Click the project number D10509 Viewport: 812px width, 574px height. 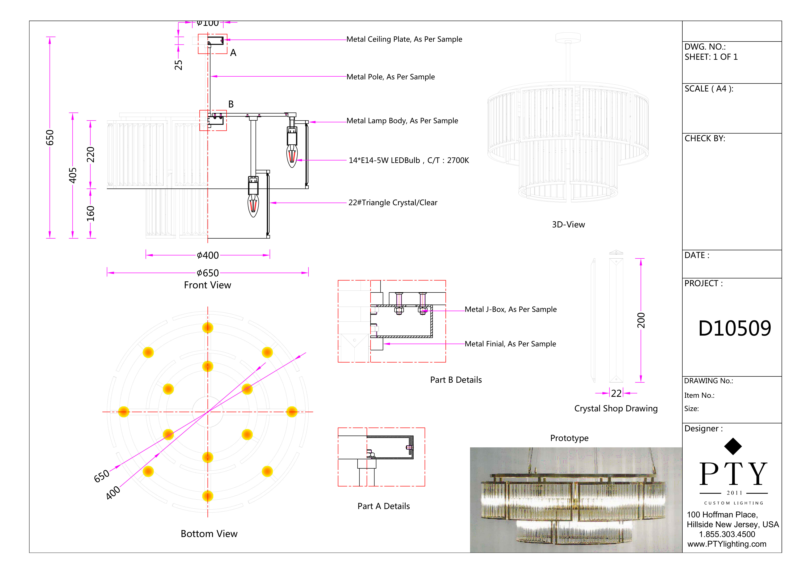(x=734, y=329)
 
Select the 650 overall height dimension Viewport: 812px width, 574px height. (x=50, y=138)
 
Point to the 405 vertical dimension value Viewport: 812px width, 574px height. (x=72, y=175)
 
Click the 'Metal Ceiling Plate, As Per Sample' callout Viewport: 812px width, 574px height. (x=404, y=39)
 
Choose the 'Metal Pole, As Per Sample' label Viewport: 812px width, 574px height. (x=390, y=77)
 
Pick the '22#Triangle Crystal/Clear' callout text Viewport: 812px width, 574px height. (x=393, y=203)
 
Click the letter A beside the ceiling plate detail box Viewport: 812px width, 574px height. (x=233, y=53)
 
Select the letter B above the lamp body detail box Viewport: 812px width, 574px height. (x=231, y=104)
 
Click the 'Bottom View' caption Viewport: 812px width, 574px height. (x=209, y=534)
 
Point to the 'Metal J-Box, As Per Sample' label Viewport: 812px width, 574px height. (x=510, y=309)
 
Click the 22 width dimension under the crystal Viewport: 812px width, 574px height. (x=616, y=393)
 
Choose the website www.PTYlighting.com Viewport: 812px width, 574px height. (x=727, y=544)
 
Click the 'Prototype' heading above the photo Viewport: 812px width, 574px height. (x=569, y=438)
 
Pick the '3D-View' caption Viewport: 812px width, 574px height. (x=568, y=225)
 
